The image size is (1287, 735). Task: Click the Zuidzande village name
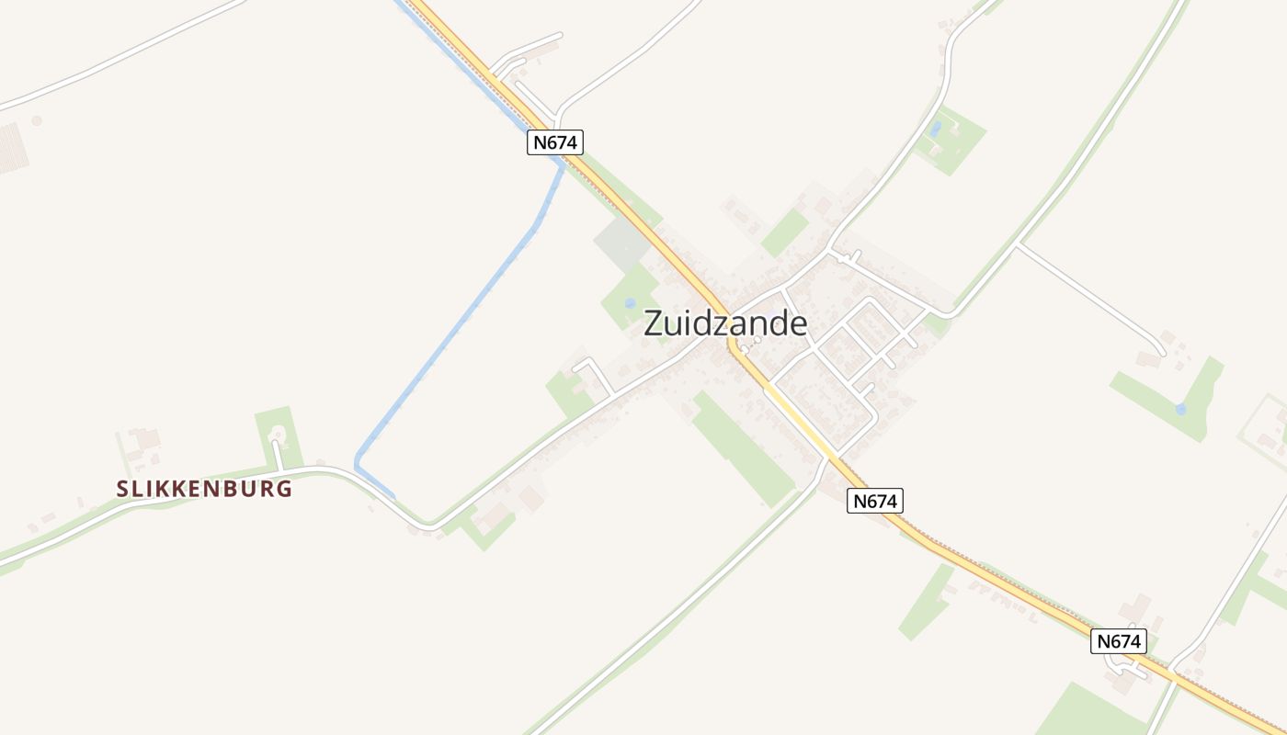pyautogui.click(x=725, y=323)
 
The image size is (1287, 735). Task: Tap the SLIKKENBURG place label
pyautogui.click(x=204, y=489)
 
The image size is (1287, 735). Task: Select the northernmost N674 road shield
pyautogui.click(x=555, y=142)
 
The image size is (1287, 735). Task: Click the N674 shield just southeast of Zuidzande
pyautogui.click(x=875, y=501)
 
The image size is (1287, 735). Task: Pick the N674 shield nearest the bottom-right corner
pyautogui.click(x=1119, y=641)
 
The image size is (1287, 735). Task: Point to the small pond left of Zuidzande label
pyautogui.click(x=630, y=302)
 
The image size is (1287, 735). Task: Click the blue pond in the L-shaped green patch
pyautogui.click(x=1180, y=409)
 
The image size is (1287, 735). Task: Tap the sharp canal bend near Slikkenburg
pyautogui.click(x=359, y=464)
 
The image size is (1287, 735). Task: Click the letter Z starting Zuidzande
pyautogui.click(x=654, y=324)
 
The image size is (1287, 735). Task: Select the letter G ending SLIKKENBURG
pyautogui.click(x=284, y=489)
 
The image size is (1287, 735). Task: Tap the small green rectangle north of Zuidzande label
pyautogui.click(x=784, y=232)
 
